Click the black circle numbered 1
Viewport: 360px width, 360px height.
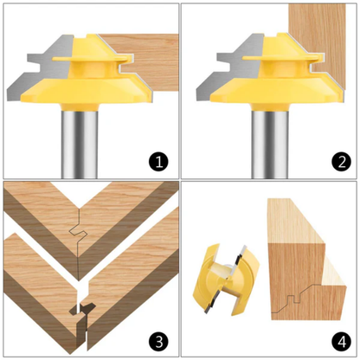[157, 160]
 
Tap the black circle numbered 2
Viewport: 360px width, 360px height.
[337, 160]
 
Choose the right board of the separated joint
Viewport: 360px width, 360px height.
[130, 277]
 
